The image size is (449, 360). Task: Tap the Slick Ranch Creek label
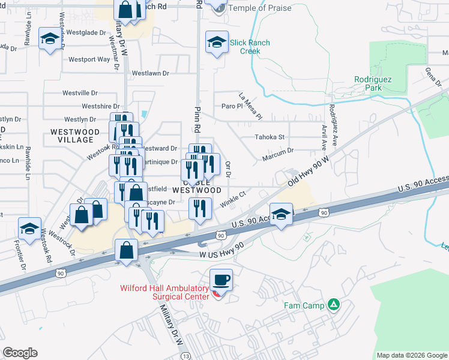point(250,47)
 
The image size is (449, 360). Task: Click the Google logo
point(20,353)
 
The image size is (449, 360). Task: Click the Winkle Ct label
point(233,198)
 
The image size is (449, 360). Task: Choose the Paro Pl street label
point(231,106)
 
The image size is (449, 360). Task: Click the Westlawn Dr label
point(151,73)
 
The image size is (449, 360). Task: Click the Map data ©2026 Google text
point(411,355)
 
